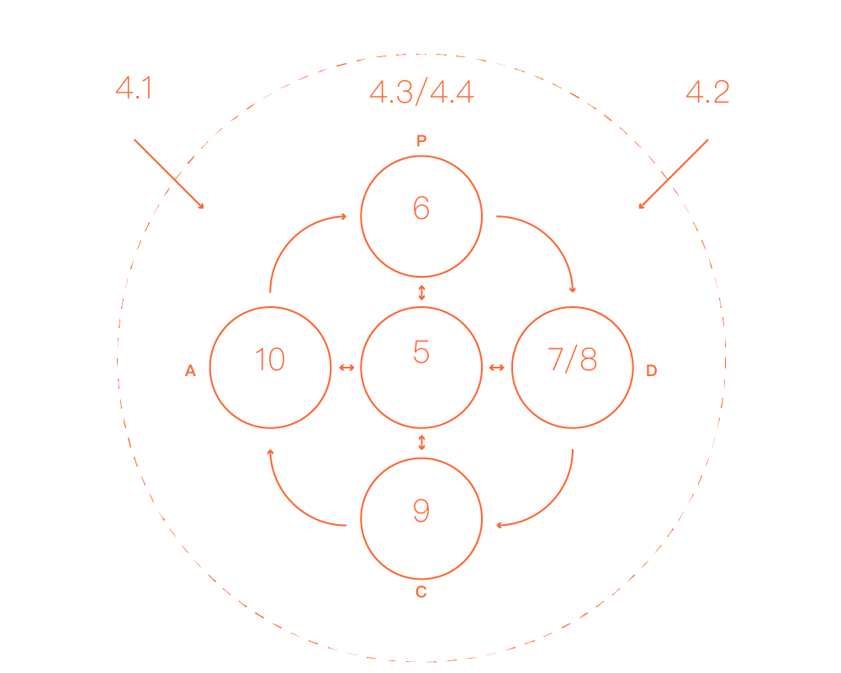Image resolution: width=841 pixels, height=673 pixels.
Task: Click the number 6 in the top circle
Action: click(421, 208)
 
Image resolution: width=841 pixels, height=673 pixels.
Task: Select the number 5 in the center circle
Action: click(421, 352)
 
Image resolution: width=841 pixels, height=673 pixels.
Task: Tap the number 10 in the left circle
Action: click(270, 359)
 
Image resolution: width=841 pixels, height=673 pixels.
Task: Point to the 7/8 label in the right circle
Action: click(573, 359)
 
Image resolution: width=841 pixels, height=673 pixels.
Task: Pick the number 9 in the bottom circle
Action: click(421, 510)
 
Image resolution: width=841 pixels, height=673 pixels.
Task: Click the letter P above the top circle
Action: click(421, 142)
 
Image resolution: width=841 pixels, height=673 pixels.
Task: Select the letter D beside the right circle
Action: click(651, 371)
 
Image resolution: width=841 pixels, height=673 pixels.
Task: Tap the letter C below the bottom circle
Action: click(421, 591)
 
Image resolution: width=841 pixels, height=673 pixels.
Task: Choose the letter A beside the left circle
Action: click(191, 371)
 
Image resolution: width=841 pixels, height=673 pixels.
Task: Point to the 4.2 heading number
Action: click(707, 93)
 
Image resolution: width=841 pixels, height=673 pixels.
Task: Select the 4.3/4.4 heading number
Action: click(421, 93)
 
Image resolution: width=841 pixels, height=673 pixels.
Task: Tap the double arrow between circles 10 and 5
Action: click(346, 368)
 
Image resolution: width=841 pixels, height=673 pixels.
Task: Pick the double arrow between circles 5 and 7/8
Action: click(497, 368)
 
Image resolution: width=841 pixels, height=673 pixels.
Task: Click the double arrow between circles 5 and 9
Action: click(421, 442)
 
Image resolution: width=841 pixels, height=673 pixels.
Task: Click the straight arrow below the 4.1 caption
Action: click(168, 173)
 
